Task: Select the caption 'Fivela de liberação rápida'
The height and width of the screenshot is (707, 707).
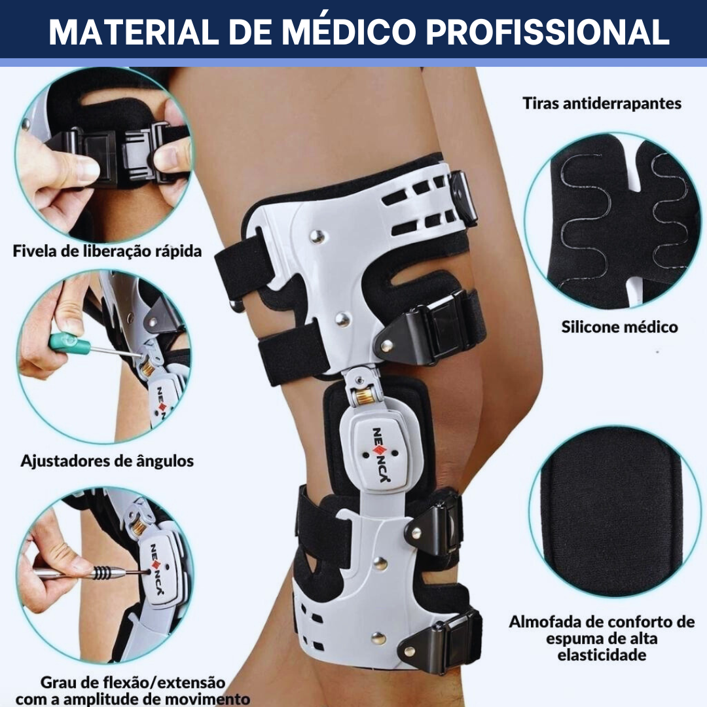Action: click(107, 251)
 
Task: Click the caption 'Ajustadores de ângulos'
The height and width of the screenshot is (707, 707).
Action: click(107, 461)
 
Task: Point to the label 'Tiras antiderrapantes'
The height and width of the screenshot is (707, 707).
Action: click(602, 103)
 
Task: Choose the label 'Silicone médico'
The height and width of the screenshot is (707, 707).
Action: click(619, 327)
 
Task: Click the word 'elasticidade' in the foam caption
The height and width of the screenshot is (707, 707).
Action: click(602, 655)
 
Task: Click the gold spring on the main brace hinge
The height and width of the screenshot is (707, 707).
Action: click(365, 396)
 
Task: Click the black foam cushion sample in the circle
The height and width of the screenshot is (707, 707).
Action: click(611, 512)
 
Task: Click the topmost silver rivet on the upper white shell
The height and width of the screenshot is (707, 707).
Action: click(318, 236)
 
